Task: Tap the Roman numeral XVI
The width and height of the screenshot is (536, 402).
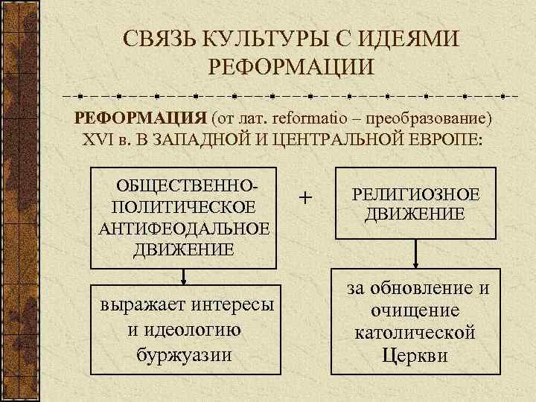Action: (100, 141)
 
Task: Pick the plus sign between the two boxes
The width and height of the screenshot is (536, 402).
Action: (304, 198)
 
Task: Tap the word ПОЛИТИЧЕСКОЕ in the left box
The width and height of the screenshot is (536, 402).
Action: (183, 206)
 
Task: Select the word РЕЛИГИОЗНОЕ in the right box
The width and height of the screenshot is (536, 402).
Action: (415, 194)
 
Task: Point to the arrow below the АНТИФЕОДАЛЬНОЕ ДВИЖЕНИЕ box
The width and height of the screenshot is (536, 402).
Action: (183, 276)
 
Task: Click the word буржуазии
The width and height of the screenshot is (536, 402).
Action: (184, 353)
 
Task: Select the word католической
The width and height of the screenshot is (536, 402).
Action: (415, 332)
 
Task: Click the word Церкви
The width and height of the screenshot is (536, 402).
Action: (415, 354)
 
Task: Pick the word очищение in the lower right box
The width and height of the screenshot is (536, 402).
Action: (415, 310)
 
